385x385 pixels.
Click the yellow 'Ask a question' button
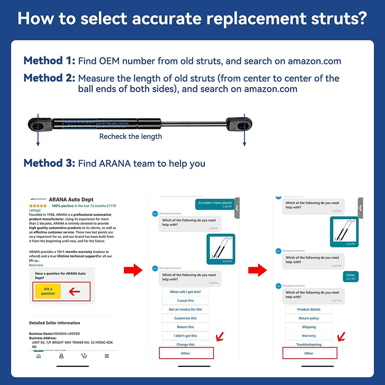click(48, 291)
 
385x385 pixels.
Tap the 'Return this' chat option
click(185, 327)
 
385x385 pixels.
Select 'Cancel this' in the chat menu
click(185, 301)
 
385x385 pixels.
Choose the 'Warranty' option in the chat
click(309, 336)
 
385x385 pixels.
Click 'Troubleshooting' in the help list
click(309, 344)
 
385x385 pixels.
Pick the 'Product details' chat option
click(309, 309)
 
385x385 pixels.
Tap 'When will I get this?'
click(185, 292)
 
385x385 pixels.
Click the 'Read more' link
click(36, 265)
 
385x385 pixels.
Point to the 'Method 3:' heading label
click(49, 163)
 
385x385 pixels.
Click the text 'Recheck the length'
click(131, 136)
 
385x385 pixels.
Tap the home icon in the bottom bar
click(39, 356)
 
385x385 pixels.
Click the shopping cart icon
click(84, 356)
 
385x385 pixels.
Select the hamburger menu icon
click(107, 356)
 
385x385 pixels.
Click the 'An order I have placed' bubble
click(215, 204)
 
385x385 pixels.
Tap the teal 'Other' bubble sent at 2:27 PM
click(350, 277)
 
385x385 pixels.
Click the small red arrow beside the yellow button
click(74, 292)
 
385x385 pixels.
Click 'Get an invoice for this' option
click(185, 309)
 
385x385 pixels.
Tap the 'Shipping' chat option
click(309, 327)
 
